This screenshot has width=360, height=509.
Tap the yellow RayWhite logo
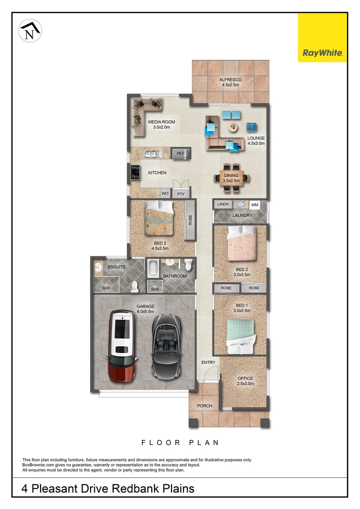click(x=322, y=38)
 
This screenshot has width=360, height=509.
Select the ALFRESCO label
click(x=230, y=80)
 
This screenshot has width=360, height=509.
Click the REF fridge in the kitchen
click(x=180, y=154)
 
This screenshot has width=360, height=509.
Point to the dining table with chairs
click(x=231, y=178)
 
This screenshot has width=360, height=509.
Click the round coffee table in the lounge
click(x=234, y=127)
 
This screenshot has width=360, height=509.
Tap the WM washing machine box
click(x=255, y=205)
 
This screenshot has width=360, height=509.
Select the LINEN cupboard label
click(x=223, y=205)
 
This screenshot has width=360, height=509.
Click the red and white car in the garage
click(x=122, y=345)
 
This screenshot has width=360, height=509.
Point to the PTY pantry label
click(x=180, y=194)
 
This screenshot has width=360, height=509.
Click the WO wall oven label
click(x=165, y=194)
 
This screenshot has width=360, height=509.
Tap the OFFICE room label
click(x=245, y=378)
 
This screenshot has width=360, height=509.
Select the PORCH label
click(x=205, y=406)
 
